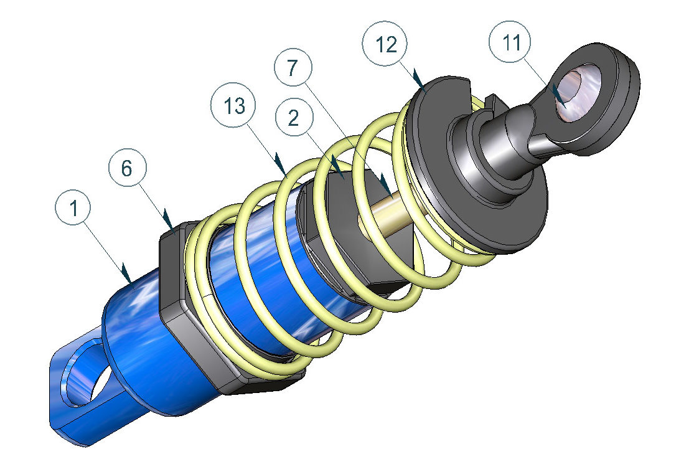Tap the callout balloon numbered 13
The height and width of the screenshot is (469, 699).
(x=233, y=106)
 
